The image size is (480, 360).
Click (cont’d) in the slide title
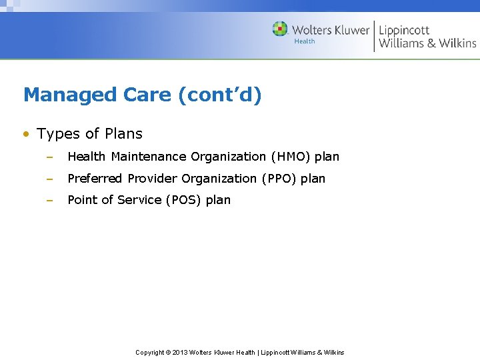point(219,95)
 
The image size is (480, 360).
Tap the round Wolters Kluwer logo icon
point(280,29)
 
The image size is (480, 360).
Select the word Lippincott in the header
point(404,30)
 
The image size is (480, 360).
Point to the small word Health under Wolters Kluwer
point(305,41)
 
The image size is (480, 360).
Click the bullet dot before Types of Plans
point(25,134)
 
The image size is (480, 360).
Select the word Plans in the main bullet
point(123,134)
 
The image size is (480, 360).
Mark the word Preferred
point(95,179)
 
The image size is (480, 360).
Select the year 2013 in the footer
point(180,352)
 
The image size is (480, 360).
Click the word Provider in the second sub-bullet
point(153,179)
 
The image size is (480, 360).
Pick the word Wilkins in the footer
point(333,352)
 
